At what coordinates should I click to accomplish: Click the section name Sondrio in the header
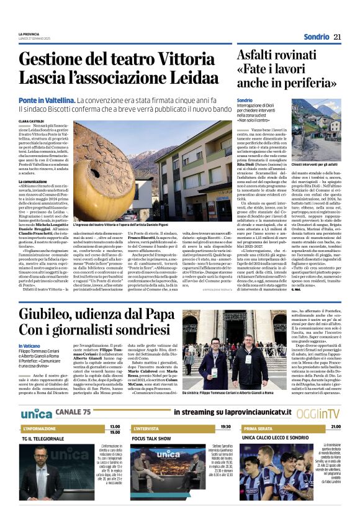317,37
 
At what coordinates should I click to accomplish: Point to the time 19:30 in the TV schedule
225,427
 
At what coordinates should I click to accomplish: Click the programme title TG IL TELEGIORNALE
44,438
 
